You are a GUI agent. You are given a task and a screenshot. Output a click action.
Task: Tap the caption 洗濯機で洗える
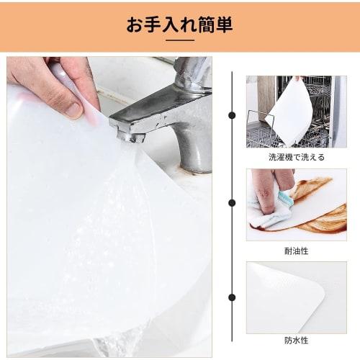click(x=287, y=156)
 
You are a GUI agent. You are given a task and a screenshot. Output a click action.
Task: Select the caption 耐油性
click(x=287, y=251)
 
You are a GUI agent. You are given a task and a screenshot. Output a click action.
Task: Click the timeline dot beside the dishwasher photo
click(x=232, y=114)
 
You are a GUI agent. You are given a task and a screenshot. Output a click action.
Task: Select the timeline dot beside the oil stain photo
click(x=232, y=204)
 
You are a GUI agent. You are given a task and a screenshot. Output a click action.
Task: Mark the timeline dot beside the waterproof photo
click(x=232, y=297)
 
